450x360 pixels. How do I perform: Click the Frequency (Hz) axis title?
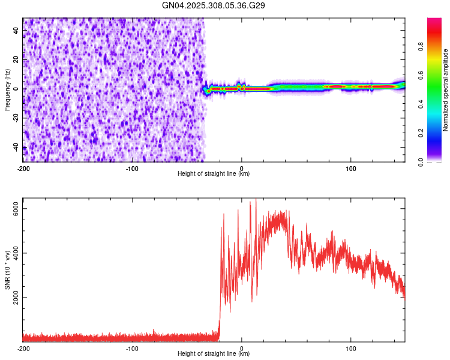7,89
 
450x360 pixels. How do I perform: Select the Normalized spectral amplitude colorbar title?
445,90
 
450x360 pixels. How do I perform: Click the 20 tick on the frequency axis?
17,60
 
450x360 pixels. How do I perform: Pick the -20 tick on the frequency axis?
17,118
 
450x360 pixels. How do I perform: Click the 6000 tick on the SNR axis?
17,208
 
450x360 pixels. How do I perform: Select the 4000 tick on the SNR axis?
17,253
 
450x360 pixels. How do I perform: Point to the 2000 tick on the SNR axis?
17,298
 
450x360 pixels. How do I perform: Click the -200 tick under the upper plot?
23,168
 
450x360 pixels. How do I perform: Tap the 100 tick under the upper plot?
350,168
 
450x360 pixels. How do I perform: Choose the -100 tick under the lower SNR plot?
132,348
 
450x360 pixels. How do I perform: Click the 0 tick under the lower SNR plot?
242,348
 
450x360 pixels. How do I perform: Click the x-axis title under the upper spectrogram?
214,174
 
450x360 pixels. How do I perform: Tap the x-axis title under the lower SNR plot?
214,354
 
